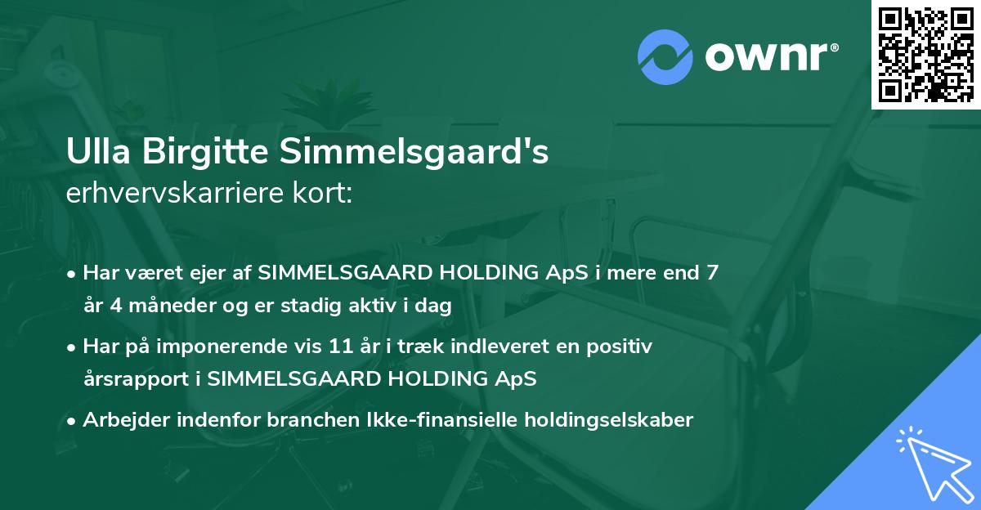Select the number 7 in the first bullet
click(x=713, y=273)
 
